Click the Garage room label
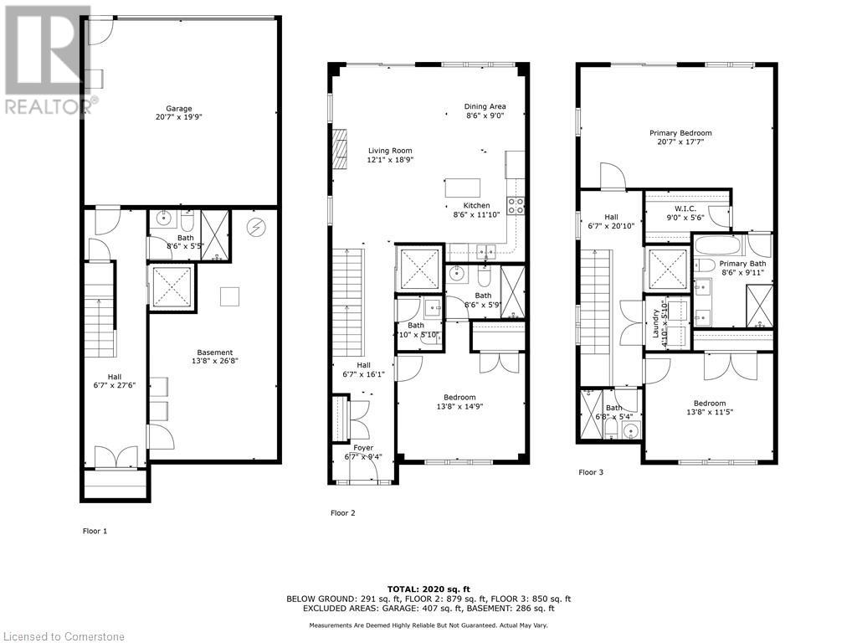(178, 108)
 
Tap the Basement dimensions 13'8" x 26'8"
(215, 363)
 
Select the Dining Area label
(485, 106)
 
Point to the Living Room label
(391, 150)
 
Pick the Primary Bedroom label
(680, 133)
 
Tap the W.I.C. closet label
(686, 208)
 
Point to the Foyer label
(363, 448)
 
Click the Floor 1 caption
(95, 531)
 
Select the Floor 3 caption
(590, 472)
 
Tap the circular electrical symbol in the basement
(255, 226)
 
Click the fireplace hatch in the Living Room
(339, 148)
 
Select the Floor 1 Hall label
(114, 377)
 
